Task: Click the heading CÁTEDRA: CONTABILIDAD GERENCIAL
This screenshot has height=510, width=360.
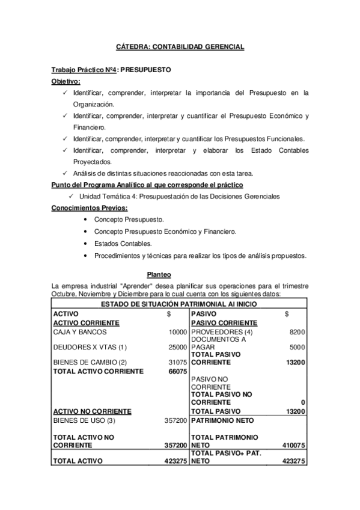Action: [180, 46]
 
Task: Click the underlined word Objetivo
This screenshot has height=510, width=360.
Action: [66, 81]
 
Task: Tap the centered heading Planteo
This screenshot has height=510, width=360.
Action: [180, 274]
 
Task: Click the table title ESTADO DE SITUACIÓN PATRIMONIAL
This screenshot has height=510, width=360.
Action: [180, 304]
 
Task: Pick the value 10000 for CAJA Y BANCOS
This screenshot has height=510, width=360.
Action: [178, 332]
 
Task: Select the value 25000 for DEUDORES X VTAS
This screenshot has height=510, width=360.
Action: [178, 347]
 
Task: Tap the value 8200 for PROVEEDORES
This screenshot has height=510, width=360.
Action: [297, 332]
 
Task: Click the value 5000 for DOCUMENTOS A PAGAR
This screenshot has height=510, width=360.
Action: [297, 347]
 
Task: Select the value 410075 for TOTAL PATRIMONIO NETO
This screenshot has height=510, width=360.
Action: [294, 446]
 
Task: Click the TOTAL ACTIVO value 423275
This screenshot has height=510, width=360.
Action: [175, 461]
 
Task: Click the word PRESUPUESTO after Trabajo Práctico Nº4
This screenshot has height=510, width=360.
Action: [146, 70]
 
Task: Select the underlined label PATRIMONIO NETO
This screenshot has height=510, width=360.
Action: [222, 420]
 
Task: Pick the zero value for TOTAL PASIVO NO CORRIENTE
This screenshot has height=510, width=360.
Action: [303, 402]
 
